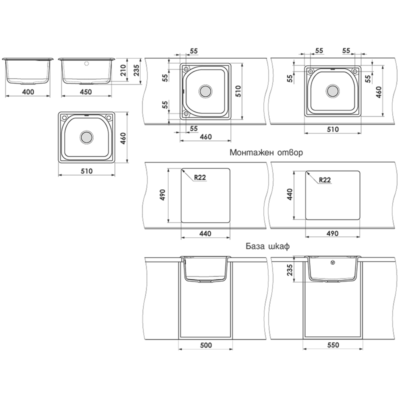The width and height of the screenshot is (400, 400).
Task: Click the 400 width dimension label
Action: [28, 91]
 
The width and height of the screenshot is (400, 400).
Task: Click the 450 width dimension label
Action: [85, 91]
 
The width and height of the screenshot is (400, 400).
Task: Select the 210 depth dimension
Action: [123, 70]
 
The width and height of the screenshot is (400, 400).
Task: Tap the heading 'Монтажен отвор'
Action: [266, 152]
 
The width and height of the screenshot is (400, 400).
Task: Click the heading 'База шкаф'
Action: [267, 246]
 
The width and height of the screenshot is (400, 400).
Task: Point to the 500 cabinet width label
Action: [206, 345]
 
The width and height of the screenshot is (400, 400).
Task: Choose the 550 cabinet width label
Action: [333, 345]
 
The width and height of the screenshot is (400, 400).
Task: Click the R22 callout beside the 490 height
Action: [199, 177]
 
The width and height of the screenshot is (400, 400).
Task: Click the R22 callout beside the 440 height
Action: [324, 180]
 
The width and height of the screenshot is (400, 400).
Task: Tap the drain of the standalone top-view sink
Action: [86, 137]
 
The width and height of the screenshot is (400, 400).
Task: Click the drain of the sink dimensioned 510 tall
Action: [205, 91]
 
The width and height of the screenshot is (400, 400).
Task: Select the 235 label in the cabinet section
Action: [290, 269]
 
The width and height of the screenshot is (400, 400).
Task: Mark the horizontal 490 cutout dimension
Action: [332, 233]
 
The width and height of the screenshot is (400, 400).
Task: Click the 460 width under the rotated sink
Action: [205, 137]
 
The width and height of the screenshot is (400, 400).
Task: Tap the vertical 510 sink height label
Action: [238, 91]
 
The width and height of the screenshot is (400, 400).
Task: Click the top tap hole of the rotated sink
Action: [186, 69]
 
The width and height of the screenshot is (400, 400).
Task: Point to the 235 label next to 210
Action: [136, 70]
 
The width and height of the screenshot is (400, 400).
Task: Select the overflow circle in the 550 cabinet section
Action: [333, 262]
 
